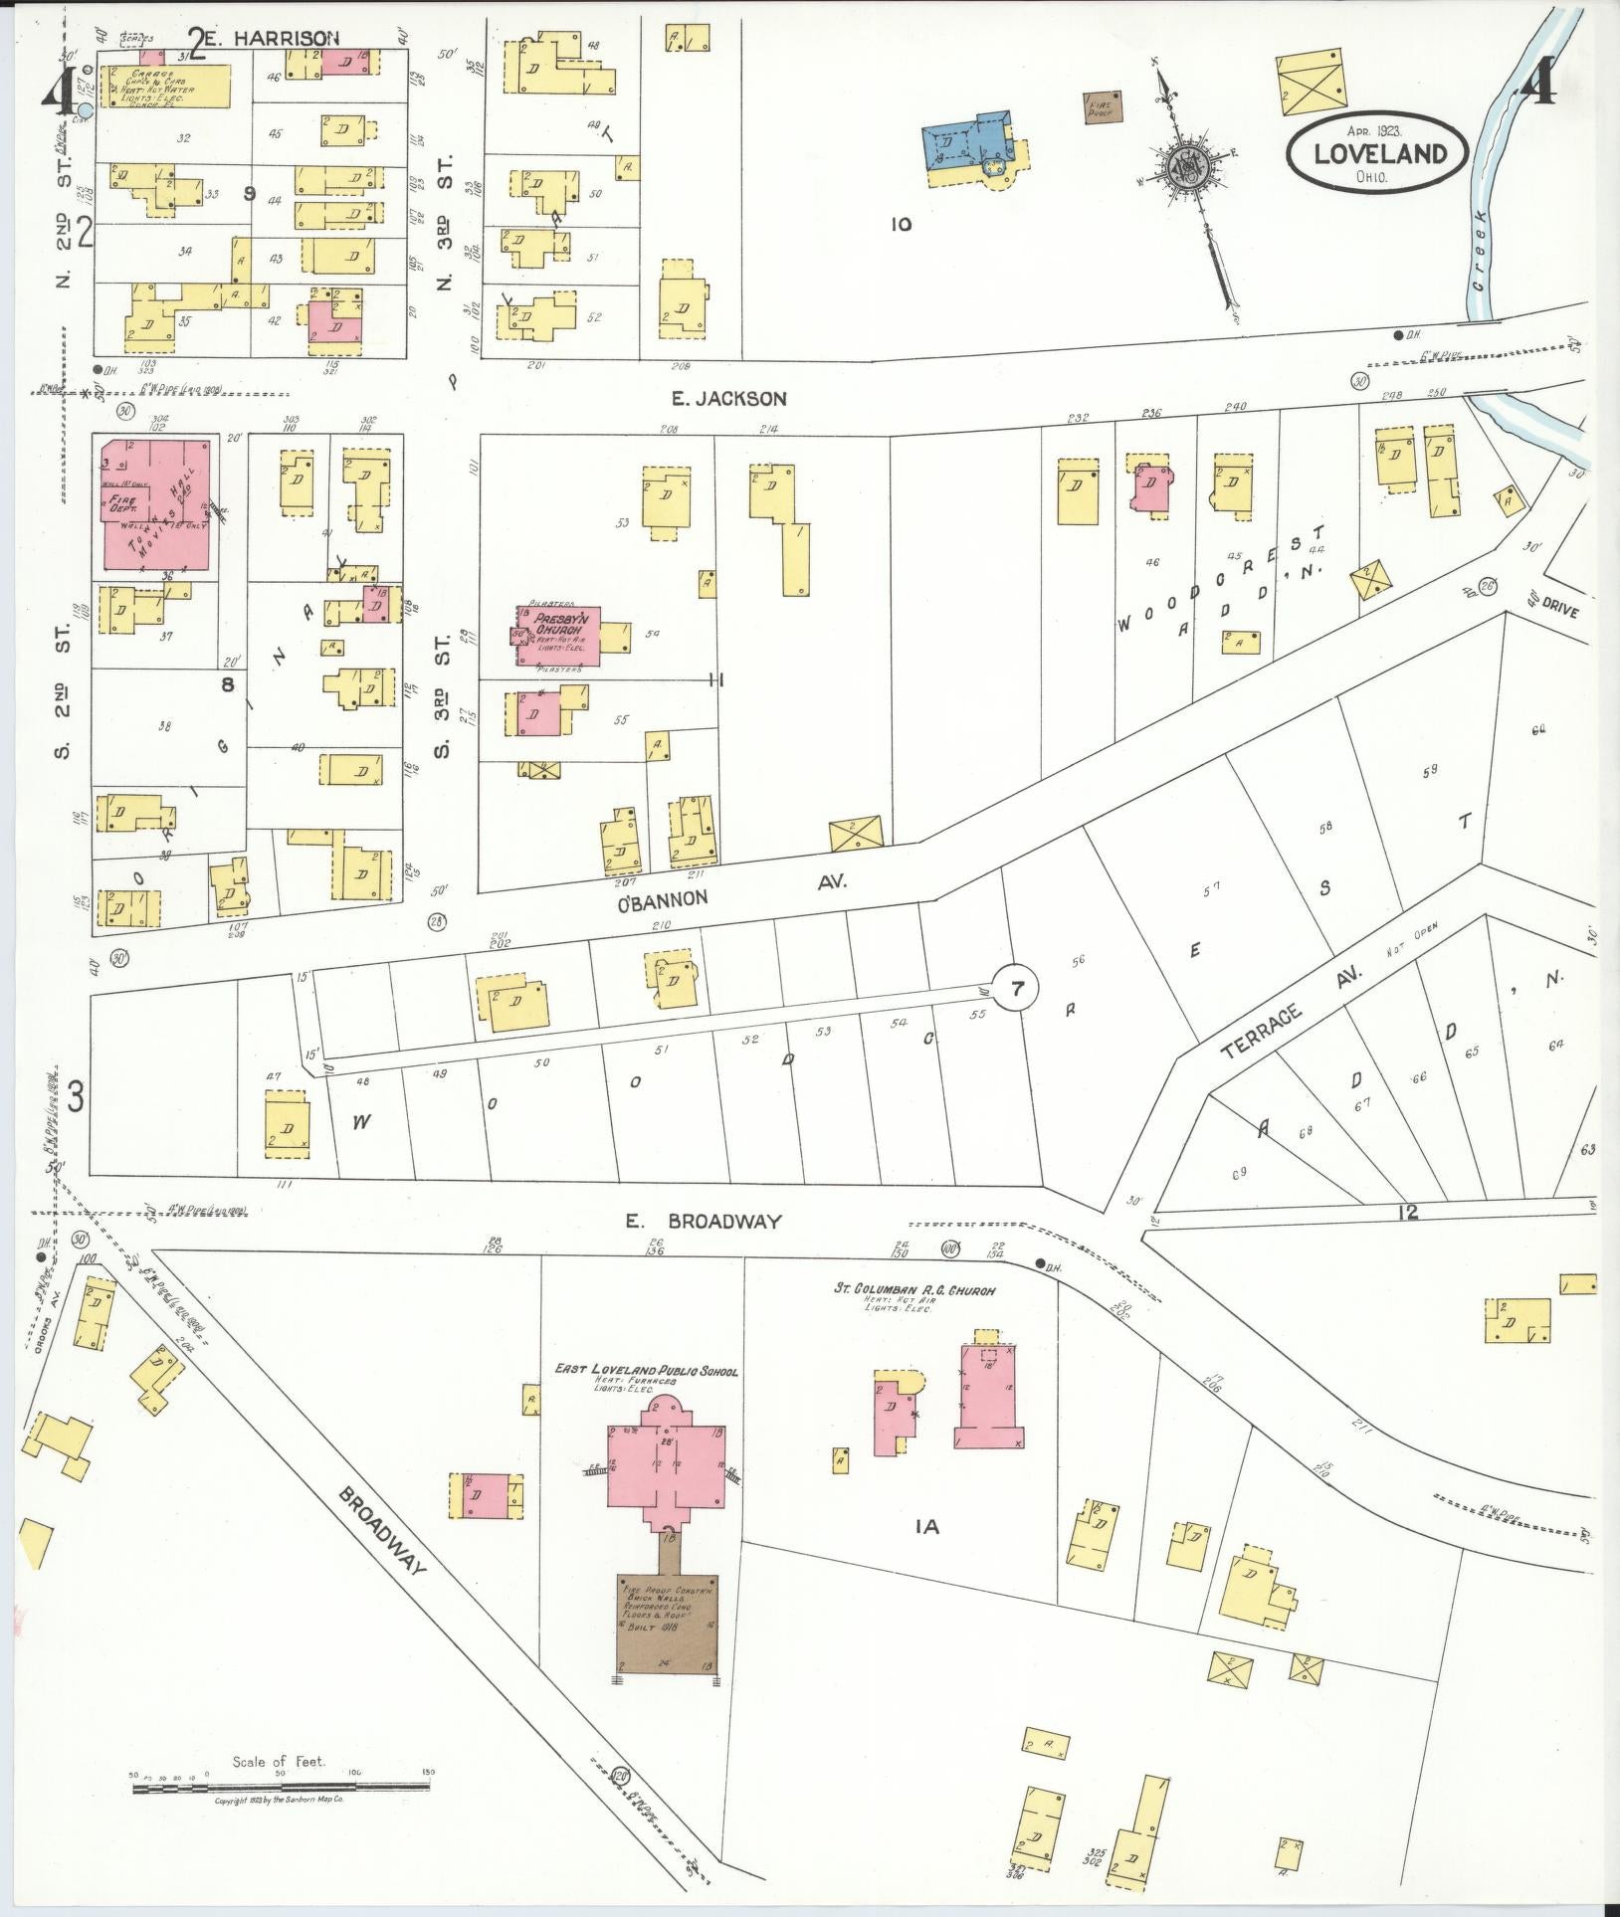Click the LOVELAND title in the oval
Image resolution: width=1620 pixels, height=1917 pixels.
[1378, 153]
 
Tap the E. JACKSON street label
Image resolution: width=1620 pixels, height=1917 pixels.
[728, 399]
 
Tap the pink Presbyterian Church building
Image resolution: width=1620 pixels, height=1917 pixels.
[558, 636]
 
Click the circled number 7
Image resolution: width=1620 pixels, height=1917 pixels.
[1016, 989]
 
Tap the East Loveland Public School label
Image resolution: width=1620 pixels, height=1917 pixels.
[646, 1371]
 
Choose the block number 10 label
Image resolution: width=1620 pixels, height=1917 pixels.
[901, 225]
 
